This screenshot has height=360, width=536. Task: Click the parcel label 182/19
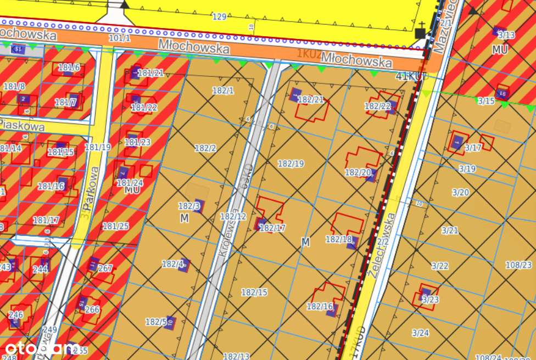[291, 164]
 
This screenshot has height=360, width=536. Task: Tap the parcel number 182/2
[205, 148]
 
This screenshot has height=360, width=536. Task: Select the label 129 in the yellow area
[219, 17]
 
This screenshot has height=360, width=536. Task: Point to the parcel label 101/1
[120, 38]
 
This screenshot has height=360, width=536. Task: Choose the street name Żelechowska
[383, 245]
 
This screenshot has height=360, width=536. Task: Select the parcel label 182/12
[233, 217]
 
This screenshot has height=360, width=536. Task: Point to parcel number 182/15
[254, 292]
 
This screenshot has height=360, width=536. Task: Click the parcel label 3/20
[460, 192]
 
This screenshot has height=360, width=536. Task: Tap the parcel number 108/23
[518, 265]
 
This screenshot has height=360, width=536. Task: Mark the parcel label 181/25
[115, 226]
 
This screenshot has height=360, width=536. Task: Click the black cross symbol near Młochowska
[421, 31]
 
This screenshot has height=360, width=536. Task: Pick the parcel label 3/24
[420, 333]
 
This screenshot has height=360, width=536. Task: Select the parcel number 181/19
[98, 147]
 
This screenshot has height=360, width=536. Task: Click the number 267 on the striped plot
[105, 268]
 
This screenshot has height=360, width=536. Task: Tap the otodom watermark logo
[41, 348]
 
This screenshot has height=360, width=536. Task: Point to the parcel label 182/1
[222, 91]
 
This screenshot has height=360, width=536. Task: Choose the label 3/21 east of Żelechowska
[449, 230]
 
